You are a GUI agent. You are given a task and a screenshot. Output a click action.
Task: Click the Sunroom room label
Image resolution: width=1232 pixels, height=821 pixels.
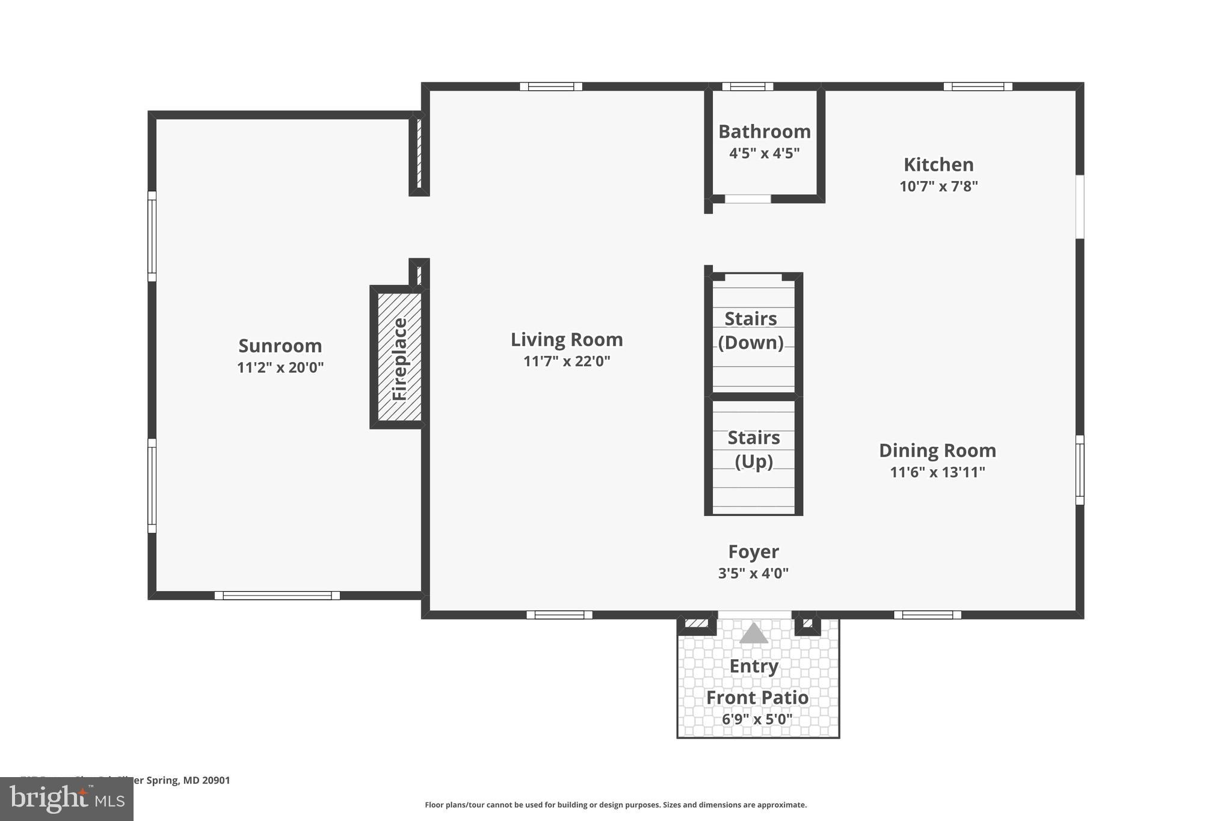(x=280, y=346)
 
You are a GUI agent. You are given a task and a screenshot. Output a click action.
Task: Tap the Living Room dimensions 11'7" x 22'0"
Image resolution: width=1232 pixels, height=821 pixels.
(x=567, y=361)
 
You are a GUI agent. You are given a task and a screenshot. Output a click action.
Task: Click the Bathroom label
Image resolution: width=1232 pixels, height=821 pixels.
(x=764, y=131)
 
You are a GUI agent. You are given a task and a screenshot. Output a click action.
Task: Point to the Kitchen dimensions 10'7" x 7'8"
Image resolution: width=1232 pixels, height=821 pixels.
(x=938, y=186)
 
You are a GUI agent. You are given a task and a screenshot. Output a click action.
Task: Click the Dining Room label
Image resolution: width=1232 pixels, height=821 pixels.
(x=937, y=450)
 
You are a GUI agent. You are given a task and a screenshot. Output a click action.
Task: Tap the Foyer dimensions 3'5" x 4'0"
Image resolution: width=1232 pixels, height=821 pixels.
(x=753, y=573)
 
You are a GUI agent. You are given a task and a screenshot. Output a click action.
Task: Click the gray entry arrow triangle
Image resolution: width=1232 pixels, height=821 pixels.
(x=753, y=634)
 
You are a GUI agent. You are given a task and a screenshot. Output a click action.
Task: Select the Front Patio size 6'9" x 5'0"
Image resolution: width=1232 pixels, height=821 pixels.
(x=757, y=719)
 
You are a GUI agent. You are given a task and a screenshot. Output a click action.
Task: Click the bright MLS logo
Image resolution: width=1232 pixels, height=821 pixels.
(x=66, y=799)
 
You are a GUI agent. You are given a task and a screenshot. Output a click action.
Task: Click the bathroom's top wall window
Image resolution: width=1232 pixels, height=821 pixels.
(x=747, y=87)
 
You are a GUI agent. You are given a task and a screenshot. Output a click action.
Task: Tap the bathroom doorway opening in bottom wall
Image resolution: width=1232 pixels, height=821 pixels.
(x=747, y=199)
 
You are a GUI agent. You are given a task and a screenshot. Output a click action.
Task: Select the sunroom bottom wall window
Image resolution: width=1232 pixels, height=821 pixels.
(x=277, y=595)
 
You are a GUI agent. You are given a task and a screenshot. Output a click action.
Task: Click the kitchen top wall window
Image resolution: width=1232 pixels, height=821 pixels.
(x=978, y=87)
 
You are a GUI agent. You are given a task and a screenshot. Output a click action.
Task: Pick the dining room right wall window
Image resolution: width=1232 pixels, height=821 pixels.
(x=1080, y=470)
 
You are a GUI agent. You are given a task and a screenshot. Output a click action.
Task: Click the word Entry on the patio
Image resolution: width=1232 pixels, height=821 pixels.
(x=754, y=666)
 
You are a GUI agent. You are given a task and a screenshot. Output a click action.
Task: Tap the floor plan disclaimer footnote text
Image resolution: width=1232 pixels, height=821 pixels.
(x=615, y=805)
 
